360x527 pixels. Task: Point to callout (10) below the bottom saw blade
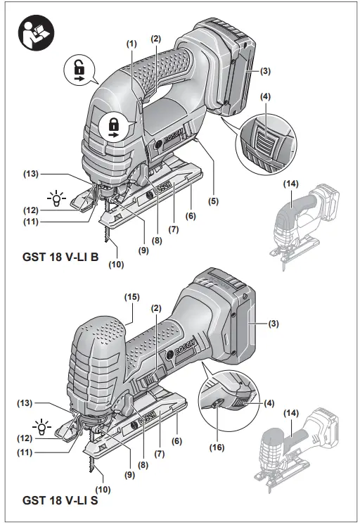click(x=102, y=488)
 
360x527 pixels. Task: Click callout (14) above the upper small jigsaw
click(x=290, y=184)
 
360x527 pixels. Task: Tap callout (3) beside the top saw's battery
click(x=266, y=71)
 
